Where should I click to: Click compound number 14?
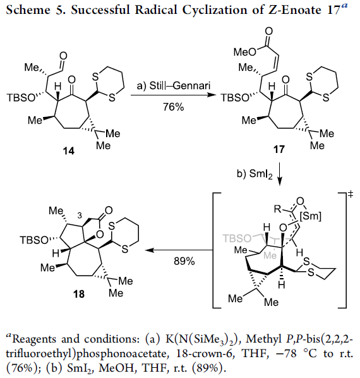pos(69,151)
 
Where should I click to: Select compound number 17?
pos(279,149)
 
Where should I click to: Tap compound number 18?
pos(79,294)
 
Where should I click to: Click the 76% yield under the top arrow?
pos(174,107)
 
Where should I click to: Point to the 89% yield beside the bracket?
pos(184,261)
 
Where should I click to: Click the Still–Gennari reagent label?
pos(174,86)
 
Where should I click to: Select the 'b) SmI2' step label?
pos(255,174)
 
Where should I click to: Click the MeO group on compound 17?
pos(245,52)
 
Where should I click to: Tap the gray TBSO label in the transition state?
pos(237,238)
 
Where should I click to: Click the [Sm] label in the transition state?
pos(311,216)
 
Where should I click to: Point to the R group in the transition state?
pos(278,209)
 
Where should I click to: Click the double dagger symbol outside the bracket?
pos(351,194)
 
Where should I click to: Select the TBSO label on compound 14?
pos(21,98)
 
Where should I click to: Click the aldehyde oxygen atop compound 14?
pos(64,56)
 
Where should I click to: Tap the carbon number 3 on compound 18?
pos(80,216)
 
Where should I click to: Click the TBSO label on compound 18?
pos(33,240)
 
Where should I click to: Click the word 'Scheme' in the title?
pos(28,10)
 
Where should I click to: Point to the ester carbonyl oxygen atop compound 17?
pos(268,32)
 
